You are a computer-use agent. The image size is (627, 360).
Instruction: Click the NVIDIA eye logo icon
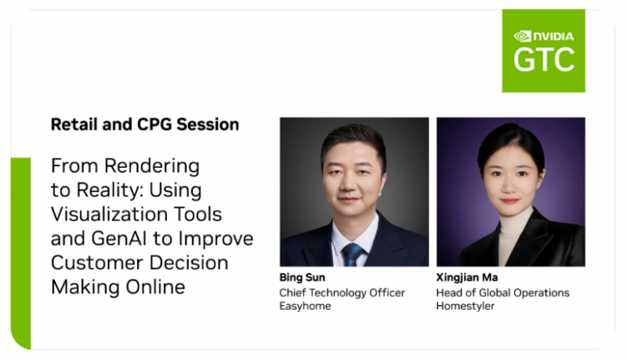pos(522,36)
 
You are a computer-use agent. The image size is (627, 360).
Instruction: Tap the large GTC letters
pos(544,60)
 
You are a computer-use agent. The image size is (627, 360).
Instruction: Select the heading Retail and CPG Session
pos(145,125)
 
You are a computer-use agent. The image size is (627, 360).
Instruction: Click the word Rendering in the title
pos(152,166)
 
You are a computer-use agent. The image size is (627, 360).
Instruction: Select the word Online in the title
pos(155,287)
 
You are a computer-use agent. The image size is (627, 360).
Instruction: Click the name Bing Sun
pos(303,277)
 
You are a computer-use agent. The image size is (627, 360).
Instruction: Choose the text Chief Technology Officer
pos(342,293)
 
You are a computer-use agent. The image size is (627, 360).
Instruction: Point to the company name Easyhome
pos(305,306)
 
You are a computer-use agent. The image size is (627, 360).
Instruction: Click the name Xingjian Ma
pos(466,277)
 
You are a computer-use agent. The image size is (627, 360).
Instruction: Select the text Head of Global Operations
pos(502,293)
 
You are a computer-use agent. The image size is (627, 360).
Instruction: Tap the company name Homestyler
pos(465,306)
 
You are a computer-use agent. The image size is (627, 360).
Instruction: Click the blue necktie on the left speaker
pos(352,254)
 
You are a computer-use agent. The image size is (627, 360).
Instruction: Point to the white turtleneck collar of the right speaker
pos(516,218)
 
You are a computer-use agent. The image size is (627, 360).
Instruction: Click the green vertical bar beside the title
pos(21,253)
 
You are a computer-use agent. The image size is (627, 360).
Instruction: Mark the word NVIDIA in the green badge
pos(553,37)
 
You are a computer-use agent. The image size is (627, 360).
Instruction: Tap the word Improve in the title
pos(216,238)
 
